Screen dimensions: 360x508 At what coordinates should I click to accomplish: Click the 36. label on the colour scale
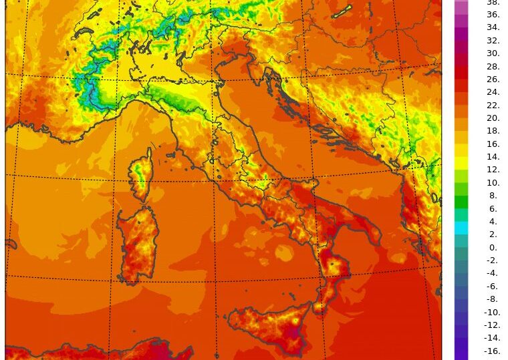[493, 15]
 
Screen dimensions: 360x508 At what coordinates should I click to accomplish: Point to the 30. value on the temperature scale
[493, 53]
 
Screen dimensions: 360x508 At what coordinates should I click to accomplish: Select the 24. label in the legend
[493, 92]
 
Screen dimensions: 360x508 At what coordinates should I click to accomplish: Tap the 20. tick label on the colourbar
[493, 118]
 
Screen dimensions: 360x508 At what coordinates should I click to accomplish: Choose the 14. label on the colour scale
[493, 157]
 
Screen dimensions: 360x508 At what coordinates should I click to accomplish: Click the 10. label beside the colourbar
[493, 183]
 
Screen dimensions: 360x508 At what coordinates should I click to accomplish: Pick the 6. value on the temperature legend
[493, 208]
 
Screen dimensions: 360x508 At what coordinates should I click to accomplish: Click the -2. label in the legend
[492, 260]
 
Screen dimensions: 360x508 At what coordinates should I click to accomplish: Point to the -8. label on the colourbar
[492, 299]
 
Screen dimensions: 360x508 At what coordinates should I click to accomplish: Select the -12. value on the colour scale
[492, 325]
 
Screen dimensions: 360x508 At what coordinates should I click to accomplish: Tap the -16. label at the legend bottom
[492, 351]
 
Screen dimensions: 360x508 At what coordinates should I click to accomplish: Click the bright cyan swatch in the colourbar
[461, 228]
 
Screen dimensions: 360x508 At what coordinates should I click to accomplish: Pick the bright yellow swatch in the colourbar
[461, 163]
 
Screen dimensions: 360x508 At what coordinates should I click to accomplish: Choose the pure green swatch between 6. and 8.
[461, 202]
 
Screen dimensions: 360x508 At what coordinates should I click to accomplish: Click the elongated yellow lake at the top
[342, 11]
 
